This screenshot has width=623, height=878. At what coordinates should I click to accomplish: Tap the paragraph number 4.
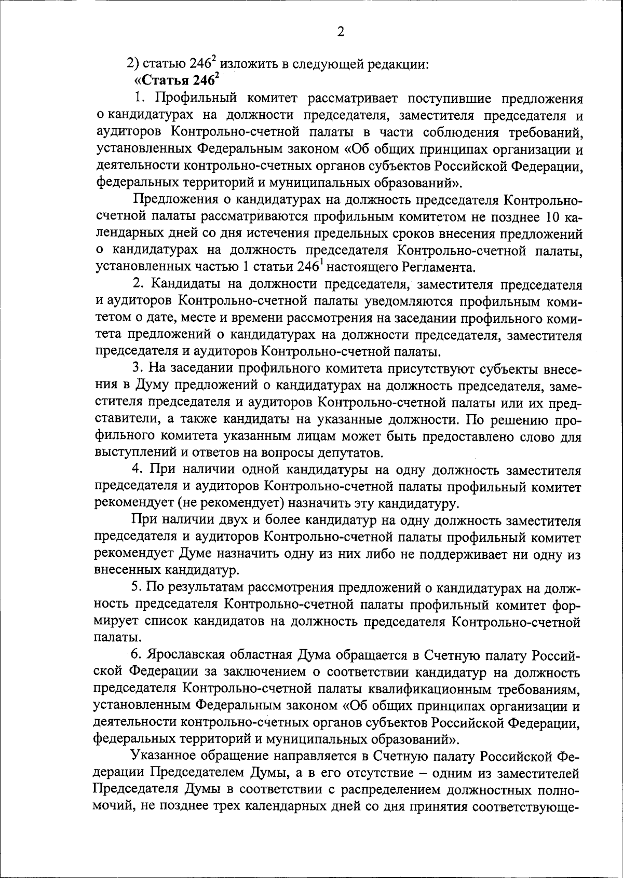tap(138, 470)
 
